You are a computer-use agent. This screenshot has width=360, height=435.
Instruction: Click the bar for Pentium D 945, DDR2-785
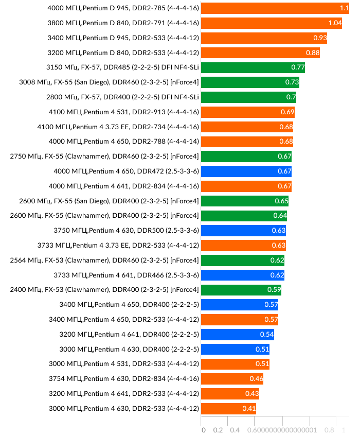pos(273,8)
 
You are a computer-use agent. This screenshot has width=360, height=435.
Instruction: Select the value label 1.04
pos(335,23)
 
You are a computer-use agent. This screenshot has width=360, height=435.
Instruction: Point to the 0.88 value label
pos(313,53)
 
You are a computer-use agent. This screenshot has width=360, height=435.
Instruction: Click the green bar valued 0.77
pos(252,67)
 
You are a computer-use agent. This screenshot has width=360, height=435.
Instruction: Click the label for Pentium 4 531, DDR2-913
pos(123,112)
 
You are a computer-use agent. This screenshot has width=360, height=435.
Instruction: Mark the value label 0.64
pos(280,215)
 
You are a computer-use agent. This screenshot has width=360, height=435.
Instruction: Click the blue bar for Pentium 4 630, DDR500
pos(243,230)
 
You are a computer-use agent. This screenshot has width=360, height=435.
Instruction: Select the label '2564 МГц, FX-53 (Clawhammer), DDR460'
pos(104,260)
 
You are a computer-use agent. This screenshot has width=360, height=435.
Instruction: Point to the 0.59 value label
pos(274,289)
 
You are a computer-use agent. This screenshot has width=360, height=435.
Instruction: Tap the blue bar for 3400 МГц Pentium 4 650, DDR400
pos(239,304)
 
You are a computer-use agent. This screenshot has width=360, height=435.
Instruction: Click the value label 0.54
pos(267,334)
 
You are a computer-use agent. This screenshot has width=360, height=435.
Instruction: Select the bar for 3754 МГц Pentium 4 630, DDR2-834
pos(231,379)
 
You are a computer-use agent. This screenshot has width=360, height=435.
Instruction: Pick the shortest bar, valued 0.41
pos(228,409)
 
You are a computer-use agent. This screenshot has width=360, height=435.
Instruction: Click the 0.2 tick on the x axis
pos(218,430)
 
